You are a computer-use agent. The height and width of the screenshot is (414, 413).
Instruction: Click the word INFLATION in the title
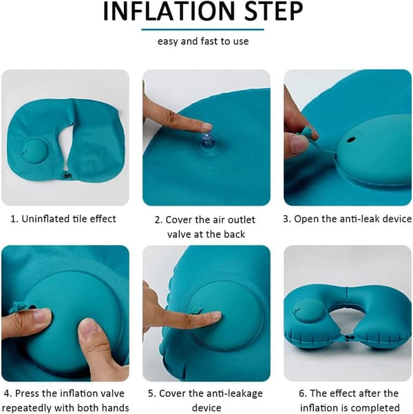(x=169, y=12)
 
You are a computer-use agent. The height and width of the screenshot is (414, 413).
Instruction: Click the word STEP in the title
(x=273, y=12)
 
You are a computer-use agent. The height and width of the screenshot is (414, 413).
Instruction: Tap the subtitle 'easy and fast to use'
(x=203, y=41)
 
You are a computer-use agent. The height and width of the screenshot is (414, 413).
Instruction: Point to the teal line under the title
(x=202, y=30)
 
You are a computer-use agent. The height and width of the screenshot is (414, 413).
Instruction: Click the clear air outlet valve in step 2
(x=208, y=141)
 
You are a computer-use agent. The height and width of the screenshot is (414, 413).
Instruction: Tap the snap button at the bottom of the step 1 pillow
(x=65, y=175)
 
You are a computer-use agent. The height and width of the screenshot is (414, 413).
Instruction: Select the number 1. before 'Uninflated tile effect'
(x=14, y=219)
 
